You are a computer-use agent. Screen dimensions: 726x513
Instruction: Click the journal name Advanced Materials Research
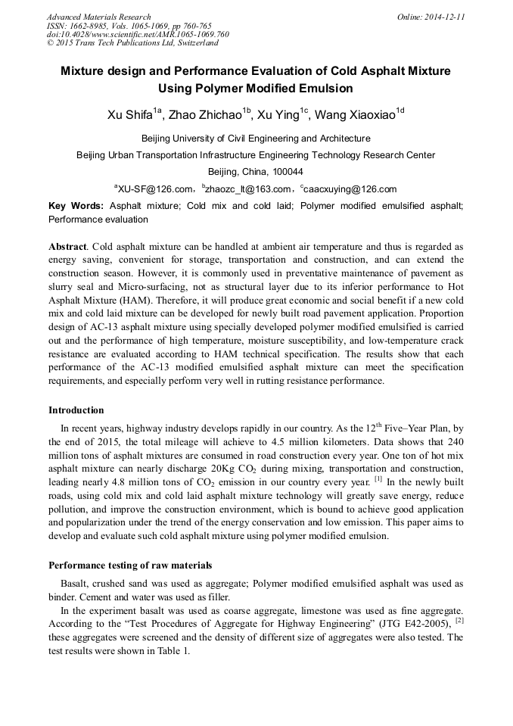tap(98, 17)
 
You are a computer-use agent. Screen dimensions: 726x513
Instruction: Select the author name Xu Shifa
tap(132, 115)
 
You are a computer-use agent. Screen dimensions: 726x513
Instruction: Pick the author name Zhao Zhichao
tap(205, 115)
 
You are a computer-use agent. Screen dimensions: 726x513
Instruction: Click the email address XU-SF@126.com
tap(152, 189)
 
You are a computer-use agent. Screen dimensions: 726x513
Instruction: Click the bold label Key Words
tap(76, 206)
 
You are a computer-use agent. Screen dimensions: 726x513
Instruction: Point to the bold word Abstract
tap(67, 248)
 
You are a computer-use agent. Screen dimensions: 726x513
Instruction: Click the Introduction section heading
tap(76, 410)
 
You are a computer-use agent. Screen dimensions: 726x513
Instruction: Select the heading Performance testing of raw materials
tap(130, 566)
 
